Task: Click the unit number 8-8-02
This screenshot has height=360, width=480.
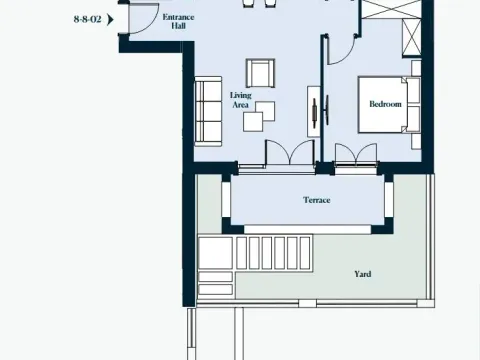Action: tap(88, 18)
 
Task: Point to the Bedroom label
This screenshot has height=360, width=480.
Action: tap(385, 103)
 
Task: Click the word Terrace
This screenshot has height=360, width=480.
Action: tap(317, 200)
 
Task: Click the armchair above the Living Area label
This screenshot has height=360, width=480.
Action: tap(260, 72)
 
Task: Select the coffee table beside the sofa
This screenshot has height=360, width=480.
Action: tap(251, 119)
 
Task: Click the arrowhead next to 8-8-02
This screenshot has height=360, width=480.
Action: tap(111, 18)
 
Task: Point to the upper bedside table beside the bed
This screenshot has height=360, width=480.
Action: tap(413, 80)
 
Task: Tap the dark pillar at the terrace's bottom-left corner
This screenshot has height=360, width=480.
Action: tap(230, 229)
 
